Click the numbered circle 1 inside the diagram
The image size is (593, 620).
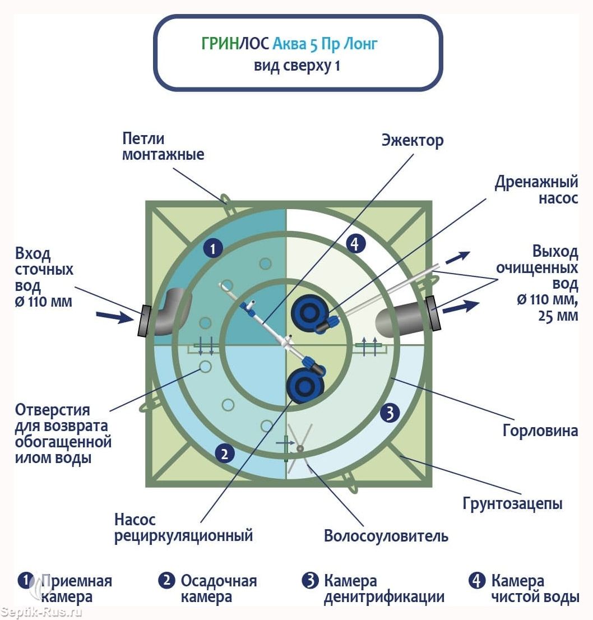tap(213, 248)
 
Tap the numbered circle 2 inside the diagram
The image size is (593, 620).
tap(225, 453)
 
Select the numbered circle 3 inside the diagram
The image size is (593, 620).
tap(390, 413)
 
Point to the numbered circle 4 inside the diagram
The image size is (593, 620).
tap(355, 243)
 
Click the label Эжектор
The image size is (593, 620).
tap(413, 140)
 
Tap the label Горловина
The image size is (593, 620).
tap(540, 430)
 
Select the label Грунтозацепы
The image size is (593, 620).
tap(512, 503)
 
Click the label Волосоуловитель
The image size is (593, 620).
tap(386, 536)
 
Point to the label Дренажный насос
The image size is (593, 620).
tap(536, 189)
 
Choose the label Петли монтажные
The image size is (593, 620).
tap(163, 146)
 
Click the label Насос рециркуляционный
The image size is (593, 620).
tap(183, 528)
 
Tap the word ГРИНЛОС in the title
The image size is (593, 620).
tap(235, 43)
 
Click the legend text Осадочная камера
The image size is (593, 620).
tap(219, 589)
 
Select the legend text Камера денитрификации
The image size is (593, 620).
tap(384, 589)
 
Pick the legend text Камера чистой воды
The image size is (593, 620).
tap(535, 589)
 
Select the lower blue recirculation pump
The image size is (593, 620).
tap(305, 385)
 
